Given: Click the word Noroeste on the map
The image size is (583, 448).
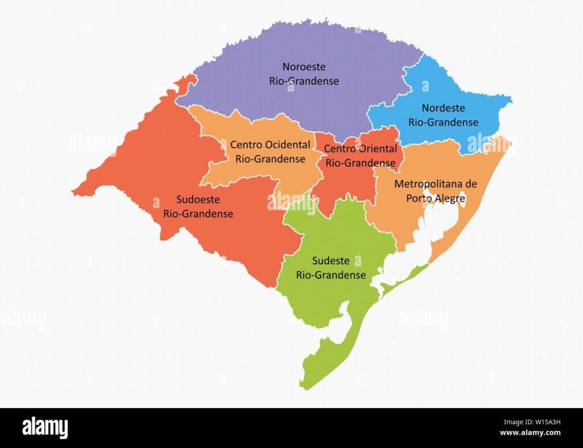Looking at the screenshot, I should coord(304,67).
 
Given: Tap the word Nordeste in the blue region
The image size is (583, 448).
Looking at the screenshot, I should coord(443,108).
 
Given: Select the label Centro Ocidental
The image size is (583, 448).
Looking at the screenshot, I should coord(270,145).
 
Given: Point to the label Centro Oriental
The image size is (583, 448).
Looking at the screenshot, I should coord(360,149).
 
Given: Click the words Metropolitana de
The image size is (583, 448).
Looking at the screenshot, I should coord(435,184).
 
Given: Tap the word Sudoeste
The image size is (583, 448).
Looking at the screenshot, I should coord(198,200).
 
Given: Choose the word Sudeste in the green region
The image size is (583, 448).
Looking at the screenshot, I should coord(330,261).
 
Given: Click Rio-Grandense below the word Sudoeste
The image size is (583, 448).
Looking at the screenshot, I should coord(198,214).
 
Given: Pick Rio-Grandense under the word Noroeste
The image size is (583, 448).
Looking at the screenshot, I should coord(304,81).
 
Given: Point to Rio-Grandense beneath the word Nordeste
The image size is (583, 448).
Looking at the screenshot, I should coord(443,122).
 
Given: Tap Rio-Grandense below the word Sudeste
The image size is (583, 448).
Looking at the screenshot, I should coord(330,275).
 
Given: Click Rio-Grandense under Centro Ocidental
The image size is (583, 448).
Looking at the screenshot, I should coord(270,159).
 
